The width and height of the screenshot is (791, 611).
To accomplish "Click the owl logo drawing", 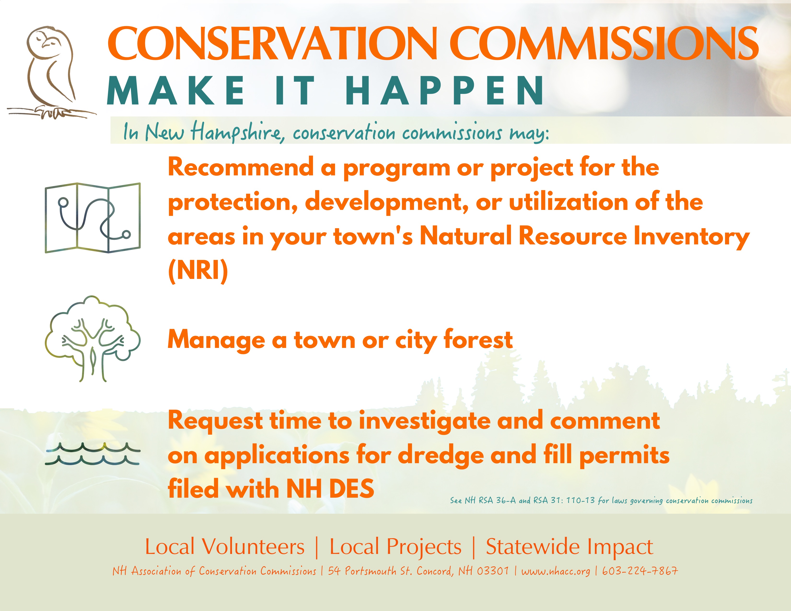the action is (x=51, y=72).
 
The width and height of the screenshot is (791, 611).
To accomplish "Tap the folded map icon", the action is (x=93, y=218).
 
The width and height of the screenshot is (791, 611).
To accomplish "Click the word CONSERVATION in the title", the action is (x=272, y=43).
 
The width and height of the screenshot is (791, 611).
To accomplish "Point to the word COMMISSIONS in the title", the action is (x=606, y=43).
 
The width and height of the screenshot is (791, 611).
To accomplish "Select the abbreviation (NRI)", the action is (x=198, y=271).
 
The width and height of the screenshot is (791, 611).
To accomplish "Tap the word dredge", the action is (x=440, y=455).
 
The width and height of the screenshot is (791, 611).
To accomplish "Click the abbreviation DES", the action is (x=352, y=489).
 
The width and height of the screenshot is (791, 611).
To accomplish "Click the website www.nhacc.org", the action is (x=556, y=571).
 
